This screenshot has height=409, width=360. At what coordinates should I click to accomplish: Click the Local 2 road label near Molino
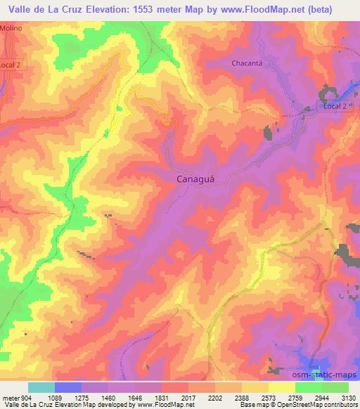[x=13, y=63]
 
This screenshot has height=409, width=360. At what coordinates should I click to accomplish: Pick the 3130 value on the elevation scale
[x=348, y=397]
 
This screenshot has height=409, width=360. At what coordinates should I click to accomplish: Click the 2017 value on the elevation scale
[x=188, y=397]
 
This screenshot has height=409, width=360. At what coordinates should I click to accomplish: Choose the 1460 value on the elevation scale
[x=109, y=397]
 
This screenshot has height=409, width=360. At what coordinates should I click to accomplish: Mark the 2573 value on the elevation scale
[x=269, y=397]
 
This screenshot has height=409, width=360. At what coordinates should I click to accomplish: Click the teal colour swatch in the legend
[x=41, y=387]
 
